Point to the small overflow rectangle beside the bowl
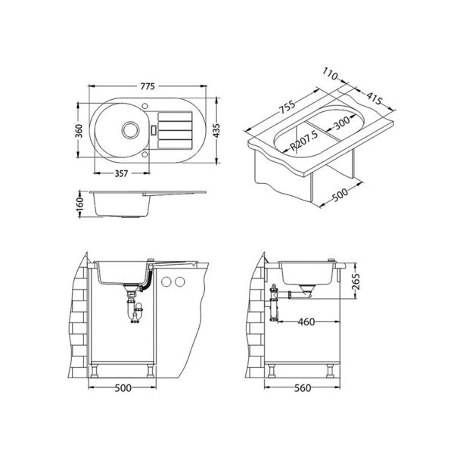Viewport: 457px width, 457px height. point(156,129)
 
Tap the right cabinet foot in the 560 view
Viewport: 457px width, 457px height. point(331,372)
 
